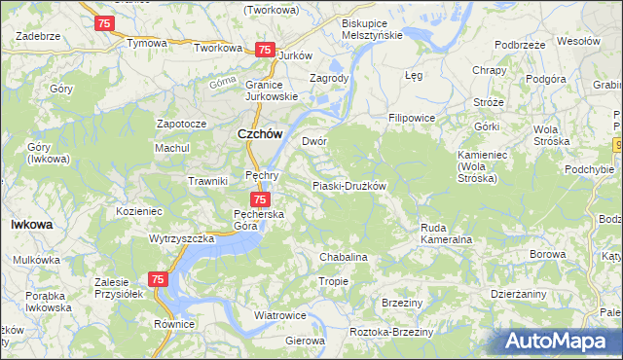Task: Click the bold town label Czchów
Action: (261, 136)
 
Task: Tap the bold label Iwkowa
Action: (31, 224)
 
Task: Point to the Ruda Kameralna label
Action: (446, 234)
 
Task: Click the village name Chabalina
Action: (344, 257)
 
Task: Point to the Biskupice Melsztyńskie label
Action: (373, 27)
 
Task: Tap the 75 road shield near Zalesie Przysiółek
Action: (159, 279)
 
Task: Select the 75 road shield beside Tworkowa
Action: (263, 49)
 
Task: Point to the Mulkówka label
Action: (36, 260)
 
